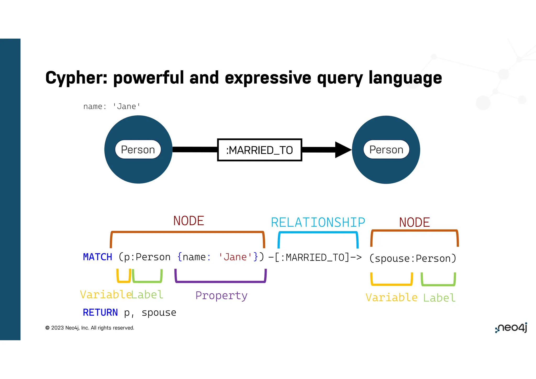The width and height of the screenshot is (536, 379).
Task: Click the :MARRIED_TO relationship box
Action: coord(259,150)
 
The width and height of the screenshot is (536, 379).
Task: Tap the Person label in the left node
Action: coord(138,150)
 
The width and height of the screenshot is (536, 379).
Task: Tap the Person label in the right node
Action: coord(386,150)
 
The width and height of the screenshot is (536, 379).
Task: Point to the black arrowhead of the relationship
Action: coord(343,150)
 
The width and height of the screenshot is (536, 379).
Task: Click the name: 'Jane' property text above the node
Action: coord(112,107)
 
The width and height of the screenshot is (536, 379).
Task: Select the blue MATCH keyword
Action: coord(97,257)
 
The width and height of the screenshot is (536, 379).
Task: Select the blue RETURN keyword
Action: coord(100,313)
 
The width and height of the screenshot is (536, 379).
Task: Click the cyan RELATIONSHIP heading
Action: coord(318,223)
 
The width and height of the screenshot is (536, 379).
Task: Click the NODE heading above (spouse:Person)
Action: coord(414,222)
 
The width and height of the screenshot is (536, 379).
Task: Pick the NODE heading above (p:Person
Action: coord(188,221)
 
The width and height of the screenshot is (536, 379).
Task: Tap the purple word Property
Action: coord(221,296)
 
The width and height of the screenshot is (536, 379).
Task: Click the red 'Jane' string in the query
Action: coord(235,257)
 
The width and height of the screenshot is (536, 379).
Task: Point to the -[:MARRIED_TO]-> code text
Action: coord(315,258)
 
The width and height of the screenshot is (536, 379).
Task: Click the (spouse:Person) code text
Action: coord(413,259)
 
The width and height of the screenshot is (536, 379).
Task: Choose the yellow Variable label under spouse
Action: coord(391,298)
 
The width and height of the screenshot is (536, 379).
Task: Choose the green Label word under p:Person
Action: coord(147,295)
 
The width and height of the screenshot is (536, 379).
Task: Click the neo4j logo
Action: coord(511,328)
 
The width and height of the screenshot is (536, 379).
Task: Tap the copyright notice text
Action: coord(90,328)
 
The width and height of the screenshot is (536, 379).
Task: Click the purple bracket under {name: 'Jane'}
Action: coord(220,282)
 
